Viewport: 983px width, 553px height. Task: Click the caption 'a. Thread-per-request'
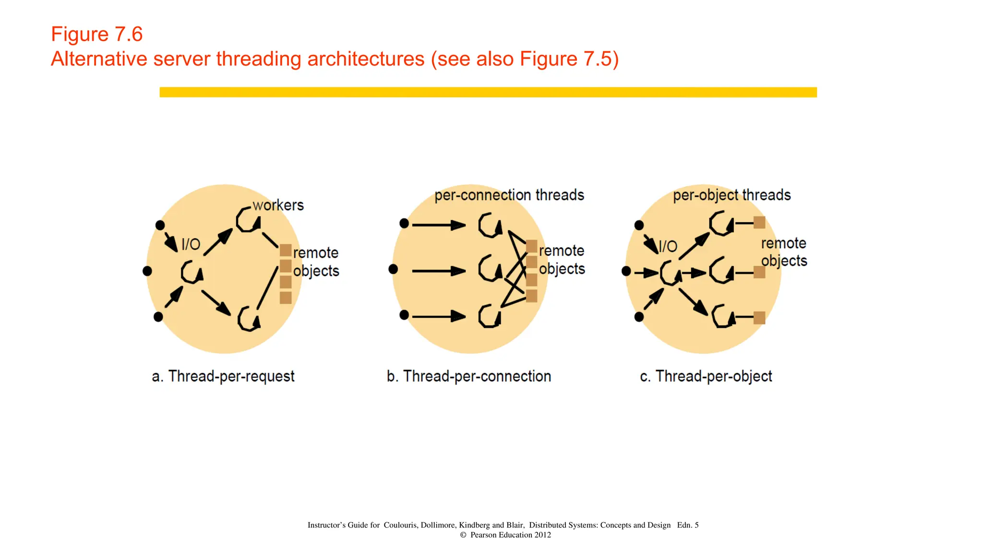tap(223, 376)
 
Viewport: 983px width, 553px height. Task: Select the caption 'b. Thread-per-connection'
tap(469, 376)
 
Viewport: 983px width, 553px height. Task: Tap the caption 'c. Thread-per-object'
tap(706, 376)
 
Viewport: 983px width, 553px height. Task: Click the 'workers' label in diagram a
tap(278, 205)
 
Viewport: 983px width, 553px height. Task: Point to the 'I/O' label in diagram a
tap(191, 244)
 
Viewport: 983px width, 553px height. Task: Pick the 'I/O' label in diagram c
tap(668, 246)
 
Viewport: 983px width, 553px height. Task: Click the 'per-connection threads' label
tap(509, 195)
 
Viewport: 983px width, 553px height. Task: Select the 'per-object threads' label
tap(731, 195)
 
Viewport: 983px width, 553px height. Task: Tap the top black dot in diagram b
tap(404, 223)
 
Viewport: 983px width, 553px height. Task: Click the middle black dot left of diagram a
tap(147, 271)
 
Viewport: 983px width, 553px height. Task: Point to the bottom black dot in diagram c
tap(639, 317)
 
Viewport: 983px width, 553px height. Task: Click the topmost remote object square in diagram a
tap(286, 250)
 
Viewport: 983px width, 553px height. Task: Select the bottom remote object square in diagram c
tap(759, 317)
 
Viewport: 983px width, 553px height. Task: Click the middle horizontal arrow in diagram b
tap(438, 271)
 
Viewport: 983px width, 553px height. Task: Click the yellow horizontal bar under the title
tap(488, 92)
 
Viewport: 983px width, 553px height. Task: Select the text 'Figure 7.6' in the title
tap(97, 35)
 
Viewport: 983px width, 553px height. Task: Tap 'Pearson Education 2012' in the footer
tap(510, 535)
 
